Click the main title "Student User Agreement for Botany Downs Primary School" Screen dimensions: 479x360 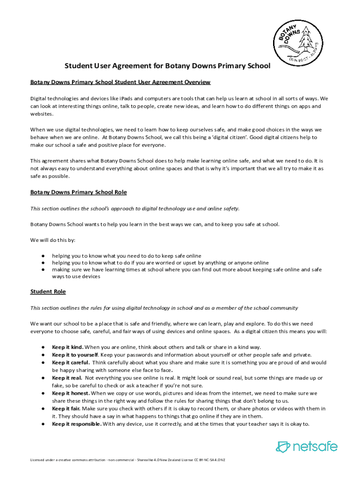[x=167, y=65]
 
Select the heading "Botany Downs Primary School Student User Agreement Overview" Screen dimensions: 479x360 [x=120, y=82]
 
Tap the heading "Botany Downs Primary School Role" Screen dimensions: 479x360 [x=79, y=192]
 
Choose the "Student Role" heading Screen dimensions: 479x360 [x=48, y=291]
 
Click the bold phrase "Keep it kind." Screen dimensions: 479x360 [x=68, y=347]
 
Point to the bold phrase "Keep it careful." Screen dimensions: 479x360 [x=71, y=363]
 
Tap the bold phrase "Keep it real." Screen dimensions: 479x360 [x=67, y=378]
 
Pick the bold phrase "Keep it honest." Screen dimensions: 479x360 [x=71, y=393]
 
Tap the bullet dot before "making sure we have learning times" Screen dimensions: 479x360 [x=43, y=270]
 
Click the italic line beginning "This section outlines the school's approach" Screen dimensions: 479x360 [x=135, y=208]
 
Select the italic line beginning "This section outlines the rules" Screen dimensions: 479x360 [x=164, y=308]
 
